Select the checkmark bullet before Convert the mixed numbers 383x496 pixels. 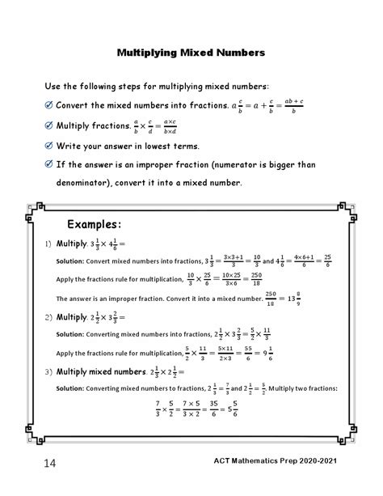(49, 105)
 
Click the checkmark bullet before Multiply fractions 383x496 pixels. (49, 126)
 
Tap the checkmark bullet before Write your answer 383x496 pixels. (49, 146)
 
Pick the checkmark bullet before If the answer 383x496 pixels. (49, 165)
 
